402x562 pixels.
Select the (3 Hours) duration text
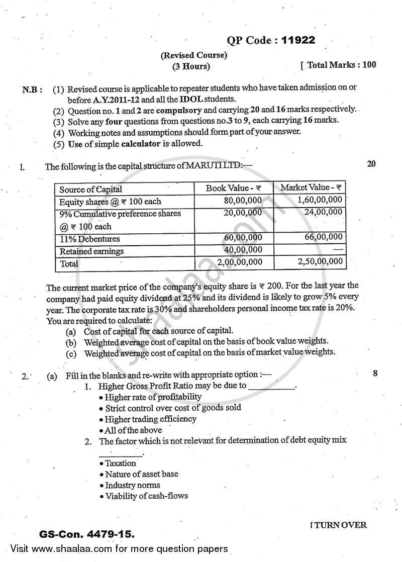tap(188, 66)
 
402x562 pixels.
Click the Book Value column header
tap(234, 189)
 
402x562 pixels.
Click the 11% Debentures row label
tap(89, 239)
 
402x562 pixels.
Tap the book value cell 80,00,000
tap(243, 200)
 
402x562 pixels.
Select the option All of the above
tap(133, 430)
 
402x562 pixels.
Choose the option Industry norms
tap(133, 485)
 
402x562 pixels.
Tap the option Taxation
tap(120, 463)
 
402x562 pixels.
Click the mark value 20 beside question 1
tap(371, 164)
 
